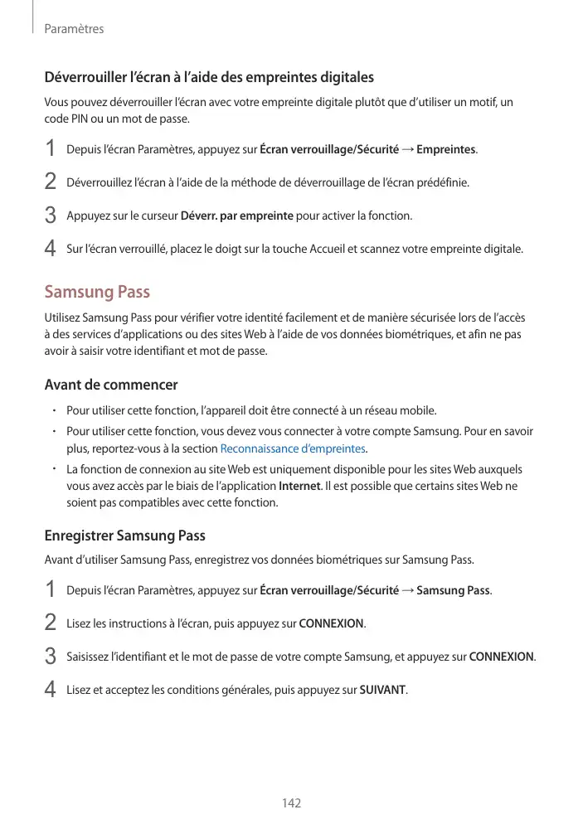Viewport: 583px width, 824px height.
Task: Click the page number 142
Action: tap(291, 803)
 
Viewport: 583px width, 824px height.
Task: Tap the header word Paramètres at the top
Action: tap(74, 29)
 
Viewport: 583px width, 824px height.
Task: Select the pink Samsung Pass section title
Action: tap(97, 292)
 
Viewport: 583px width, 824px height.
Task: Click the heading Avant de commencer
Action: tap(110, 385)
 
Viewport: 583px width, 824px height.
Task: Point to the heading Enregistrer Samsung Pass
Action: tap(124, 536)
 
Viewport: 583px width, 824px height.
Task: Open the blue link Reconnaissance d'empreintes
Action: tap(293, 448)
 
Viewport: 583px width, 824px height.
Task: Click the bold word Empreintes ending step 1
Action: tap(446, 149)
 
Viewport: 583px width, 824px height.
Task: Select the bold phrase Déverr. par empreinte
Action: tap(236, 216)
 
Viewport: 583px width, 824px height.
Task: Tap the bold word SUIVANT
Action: tap(382, 690)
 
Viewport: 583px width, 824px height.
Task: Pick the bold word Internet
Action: tap(299, 486)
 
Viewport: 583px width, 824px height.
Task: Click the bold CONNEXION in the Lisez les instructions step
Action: tap(331, 623)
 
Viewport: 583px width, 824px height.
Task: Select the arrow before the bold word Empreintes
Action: tap(407, 149)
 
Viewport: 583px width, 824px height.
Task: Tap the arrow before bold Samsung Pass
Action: tap(407, 590)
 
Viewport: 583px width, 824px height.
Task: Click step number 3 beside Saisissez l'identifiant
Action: tap(50, 657)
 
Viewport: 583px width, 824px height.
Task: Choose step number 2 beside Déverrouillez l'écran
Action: tap(50, 182)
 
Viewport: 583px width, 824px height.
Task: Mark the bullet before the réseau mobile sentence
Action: tap(52, 410)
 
